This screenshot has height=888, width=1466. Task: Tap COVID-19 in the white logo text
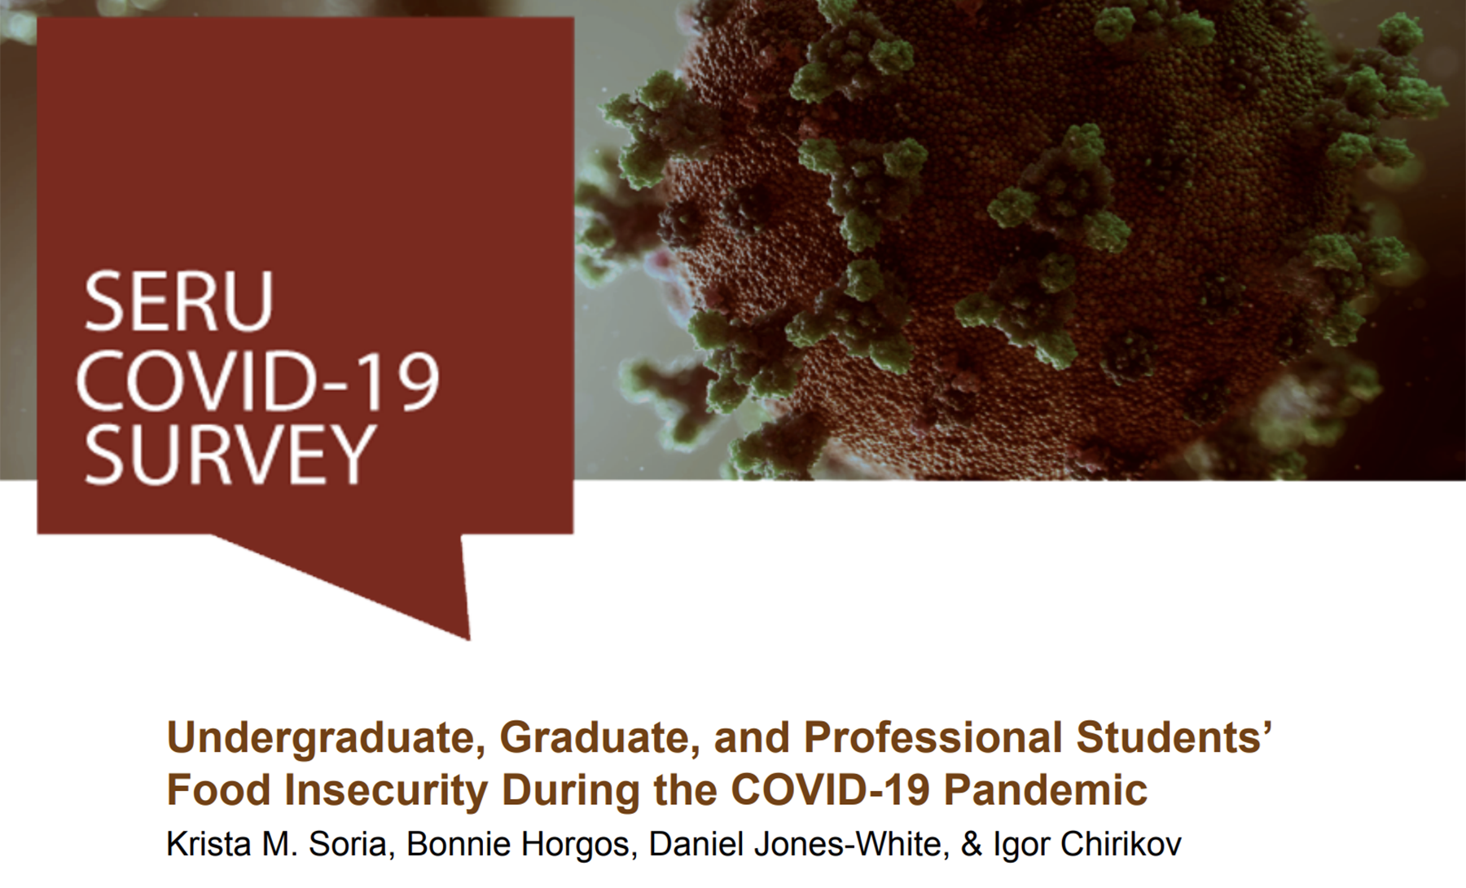click(x=258, y=380)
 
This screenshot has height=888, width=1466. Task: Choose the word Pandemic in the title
click(x=1045, y=789)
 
